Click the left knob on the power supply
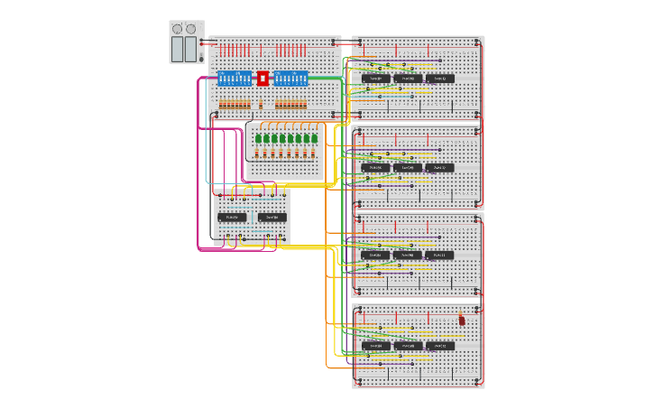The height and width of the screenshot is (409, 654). click(177, 29)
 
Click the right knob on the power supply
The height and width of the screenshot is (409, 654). click(191, 29)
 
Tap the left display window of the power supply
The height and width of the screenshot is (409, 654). click(177, 49)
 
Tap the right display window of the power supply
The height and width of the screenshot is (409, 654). click(190, 49)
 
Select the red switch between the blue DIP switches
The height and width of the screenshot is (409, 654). click(263, 79)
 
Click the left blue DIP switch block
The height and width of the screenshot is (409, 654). click(235, 79)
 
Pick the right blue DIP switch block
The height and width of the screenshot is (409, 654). click(291, 79)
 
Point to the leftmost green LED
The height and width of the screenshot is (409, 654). click(258, 138)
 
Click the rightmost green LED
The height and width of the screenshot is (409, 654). click(315, 138)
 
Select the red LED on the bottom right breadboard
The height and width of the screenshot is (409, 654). click(462, 320)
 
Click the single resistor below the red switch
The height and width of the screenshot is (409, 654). click(263, 106)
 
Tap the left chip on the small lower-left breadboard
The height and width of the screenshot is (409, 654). click(231, 217)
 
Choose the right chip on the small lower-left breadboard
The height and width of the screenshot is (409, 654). click(272, 217)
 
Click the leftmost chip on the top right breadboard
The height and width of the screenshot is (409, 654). click(376, 79)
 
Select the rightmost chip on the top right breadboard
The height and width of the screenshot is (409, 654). click(439, 79)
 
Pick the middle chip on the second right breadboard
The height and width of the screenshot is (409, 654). click(408, 168)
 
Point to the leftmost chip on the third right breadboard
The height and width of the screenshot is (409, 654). click(376, 256)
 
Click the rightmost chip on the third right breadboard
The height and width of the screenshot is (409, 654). click(439, 256)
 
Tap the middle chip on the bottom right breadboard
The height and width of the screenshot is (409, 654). click(408, 346)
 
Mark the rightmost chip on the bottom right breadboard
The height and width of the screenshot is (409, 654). click(439, 346)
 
